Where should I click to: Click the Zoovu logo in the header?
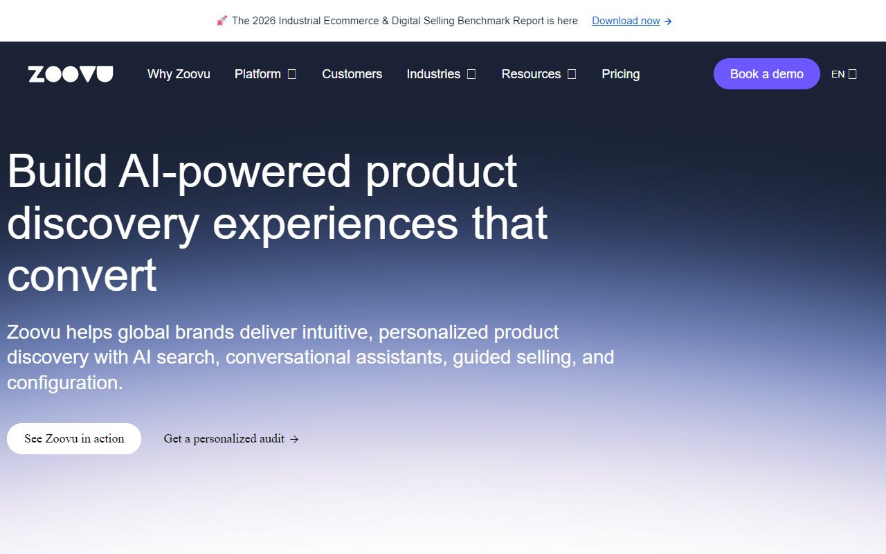coord(71,74)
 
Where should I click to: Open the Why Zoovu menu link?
coord(179,74)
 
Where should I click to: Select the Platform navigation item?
coord(257,74)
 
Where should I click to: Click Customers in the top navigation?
coord(352,74)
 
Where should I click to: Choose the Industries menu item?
coord(433,74)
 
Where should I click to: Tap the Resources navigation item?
coord(531,74)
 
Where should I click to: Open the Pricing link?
coord(620,74)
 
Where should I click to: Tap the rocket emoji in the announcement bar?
coord(221,21)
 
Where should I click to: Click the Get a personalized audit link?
coord(224,438)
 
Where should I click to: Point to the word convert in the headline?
coord(82,275)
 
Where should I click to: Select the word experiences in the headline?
coord(335,223)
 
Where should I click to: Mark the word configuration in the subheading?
coord(64,382)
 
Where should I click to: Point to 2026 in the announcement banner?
coord(264,21)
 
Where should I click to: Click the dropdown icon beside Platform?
coord(292,74)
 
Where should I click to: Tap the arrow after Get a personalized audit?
coord(294,439)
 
